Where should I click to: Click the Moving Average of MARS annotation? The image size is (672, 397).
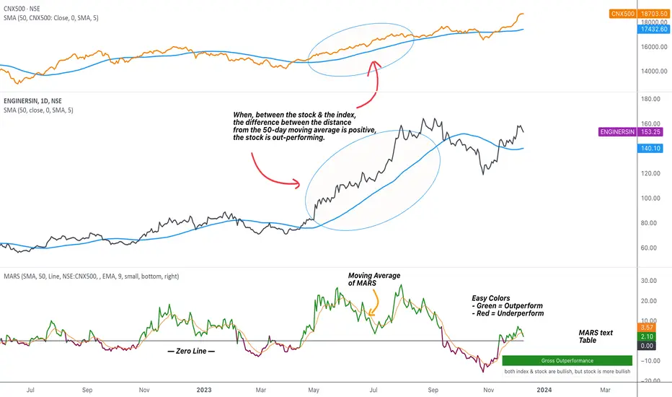coord(374,280)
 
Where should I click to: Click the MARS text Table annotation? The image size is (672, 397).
coord(596,336)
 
